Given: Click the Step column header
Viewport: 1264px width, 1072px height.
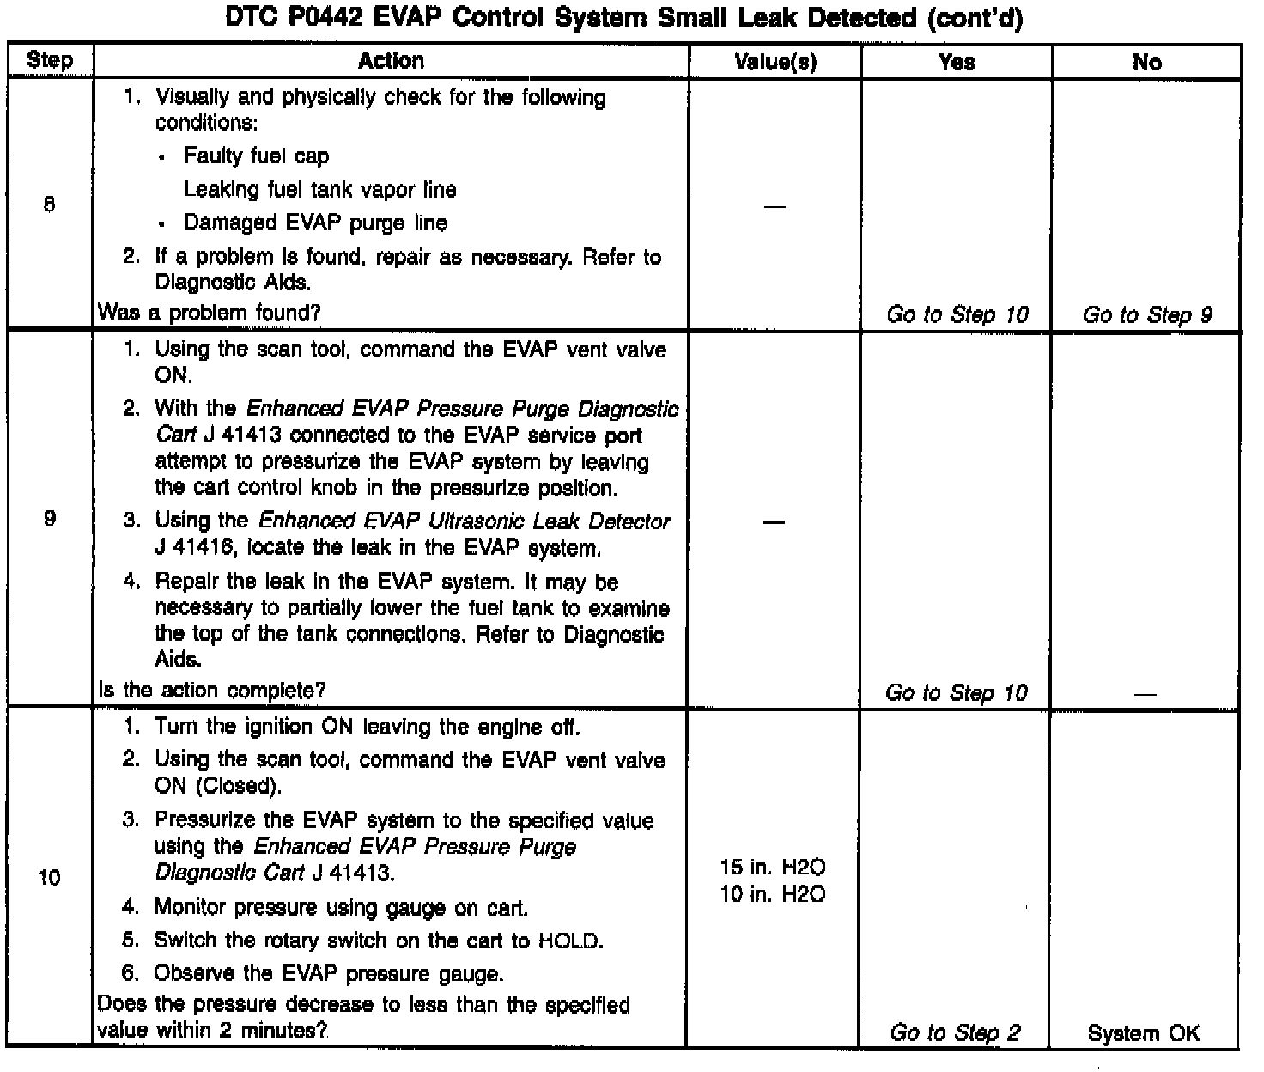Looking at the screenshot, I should (x=50, y=61).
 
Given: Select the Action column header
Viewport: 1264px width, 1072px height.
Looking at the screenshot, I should (x=391, y=61).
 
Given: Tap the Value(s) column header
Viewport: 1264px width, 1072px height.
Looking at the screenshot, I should (x=775, y=62).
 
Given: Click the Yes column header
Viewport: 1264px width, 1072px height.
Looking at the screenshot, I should (x=957, y=62).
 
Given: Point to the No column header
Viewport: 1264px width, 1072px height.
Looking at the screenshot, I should (x=1146, y=62).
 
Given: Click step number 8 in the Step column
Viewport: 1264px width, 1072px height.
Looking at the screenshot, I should (x=50, y=205).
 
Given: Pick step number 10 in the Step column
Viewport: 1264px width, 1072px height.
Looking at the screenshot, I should (x=50, y=877).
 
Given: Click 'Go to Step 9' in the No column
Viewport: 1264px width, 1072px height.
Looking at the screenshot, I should (x=1147, y=315).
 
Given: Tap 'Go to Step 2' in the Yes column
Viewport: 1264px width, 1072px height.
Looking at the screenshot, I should (x=955, y=1032).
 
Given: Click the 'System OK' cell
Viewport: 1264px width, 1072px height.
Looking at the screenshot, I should (x=1144, y=1033).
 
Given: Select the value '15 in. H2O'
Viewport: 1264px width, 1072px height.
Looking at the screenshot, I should (x=773, y=868).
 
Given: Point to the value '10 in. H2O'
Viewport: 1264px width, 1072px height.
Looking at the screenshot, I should (x=773, y=894).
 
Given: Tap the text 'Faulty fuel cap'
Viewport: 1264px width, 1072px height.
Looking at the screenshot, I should (x=256, y=156).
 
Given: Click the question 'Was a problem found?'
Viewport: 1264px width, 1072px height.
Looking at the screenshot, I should (x=210, y=313).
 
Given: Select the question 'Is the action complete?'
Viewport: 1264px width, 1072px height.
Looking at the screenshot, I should (x=212, y=690).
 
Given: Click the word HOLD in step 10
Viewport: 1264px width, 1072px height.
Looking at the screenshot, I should (x=568, y=941).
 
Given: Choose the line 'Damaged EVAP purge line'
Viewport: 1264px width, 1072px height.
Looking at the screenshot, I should (x=315, y=223).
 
